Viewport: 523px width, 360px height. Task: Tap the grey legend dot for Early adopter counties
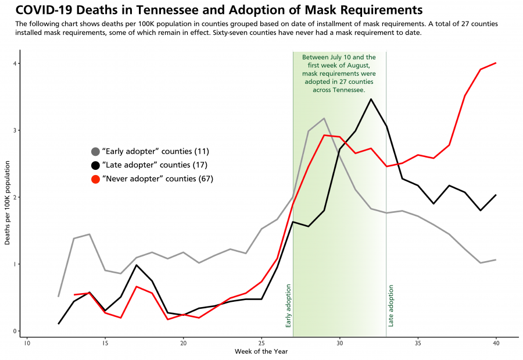95,151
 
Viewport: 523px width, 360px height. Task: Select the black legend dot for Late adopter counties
95,165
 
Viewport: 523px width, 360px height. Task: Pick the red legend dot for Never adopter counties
95,179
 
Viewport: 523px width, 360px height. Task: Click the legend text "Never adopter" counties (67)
157,179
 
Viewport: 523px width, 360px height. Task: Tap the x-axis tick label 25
261,343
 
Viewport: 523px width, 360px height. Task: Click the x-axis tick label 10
27,343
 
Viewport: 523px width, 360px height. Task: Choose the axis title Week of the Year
261,352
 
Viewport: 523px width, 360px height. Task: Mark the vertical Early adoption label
288,306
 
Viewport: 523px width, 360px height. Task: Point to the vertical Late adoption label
391,306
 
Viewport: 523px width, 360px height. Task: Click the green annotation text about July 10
339,74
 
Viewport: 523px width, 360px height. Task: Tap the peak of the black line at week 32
371,99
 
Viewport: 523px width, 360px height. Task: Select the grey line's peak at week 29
324,119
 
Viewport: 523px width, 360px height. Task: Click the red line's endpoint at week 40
496,63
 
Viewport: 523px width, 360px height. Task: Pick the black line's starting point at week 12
59,323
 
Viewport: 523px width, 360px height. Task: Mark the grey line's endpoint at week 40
496,259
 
